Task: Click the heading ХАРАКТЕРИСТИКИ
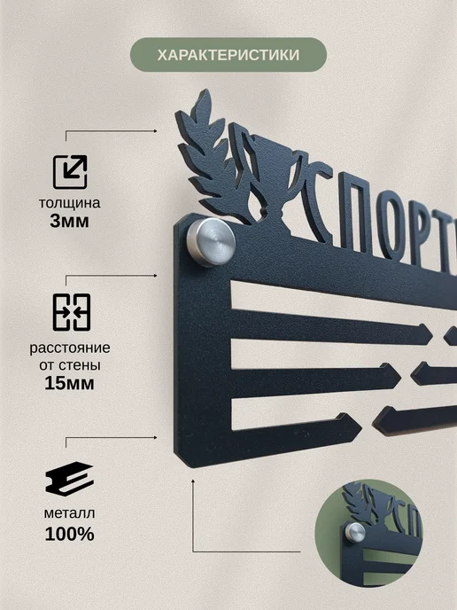[x=228, y=55]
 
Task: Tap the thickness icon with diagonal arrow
[x=70, y=172]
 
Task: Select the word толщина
[x=70, y=203]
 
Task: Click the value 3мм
[x=70, y=221]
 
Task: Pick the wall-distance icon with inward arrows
[x=72, y=312]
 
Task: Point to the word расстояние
[x=70, y=348]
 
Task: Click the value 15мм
[x=70, y=383]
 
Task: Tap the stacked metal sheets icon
[x=70, y=479]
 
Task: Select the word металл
[x=70, y=513]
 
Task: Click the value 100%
[x=70, y=534]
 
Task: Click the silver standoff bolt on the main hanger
[x=211, y=242]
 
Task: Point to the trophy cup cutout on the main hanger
[x=272, y=183]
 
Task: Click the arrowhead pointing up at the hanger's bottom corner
[x=193, y=481]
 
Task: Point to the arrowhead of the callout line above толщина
[x=155, y=131]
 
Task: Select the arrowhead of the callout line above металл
[x=155, y=438]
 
